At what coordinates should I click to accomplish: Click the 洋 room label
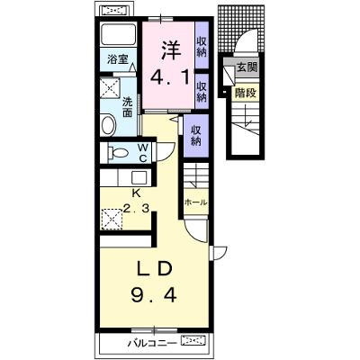[172, 50]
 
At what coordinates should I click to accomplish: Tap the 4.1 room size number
[170, 78]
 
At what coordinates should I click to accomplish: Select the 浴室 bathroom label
[117, 59]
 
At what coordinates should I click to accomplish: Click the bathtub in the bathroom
[118, 35]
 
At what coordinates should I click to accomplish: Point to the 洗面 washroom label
[128, 107]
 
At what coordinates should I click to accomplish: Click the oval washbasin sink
[109, 125]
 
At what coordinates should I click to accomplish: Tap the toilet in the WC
[118, 153]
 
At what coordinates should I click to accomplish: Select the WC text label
[142, 153]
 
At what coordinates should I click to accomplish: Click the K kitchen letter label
[137, 193]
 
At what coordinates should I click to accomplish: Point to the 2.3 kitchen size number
[137, 207]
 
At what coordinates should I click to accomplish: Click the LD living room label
[154, 269]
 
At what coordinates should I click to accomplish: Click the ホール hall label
[195, 202]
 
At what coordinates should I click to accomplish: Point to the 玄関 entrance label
[247, 67]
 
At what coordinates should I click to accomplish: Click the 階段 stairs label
[246, 93]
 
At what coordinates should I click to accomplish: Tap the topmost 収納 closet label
[202, 46]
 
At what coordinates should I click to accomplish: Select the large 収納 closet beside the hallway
[196, 136]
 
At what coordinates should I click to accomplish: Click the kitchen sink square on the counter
[139, 178]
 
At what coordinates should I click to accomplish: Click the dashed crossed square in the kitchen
[112, 219]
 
